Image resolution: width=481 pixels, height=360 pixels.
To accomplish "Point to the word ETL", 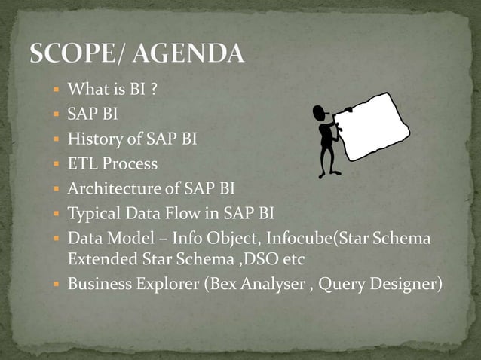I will click(82, 163).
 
